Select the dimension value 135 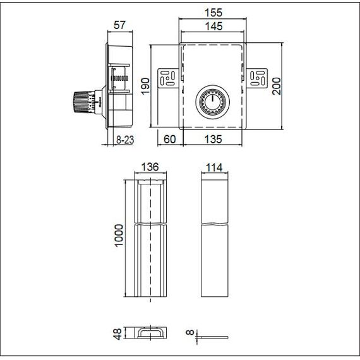pos(212,140)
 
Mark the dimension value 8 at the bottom pos(190,332)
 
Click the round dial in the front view pos(213,103)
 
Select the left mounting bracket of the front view pos(167,78)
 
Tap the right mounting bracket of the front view pos(256,78)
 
